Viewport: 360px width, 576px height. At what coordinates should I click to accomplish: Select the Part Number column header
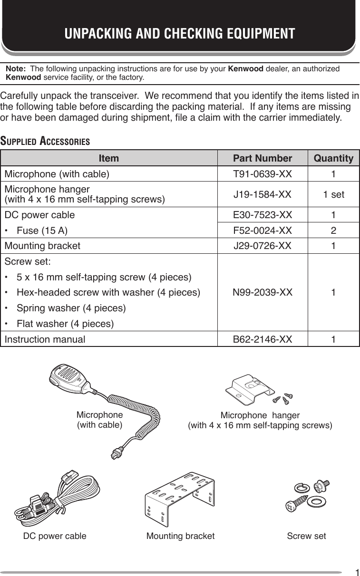262,158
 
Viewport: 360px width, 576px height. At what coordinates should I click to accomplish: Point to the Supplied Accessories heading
46,142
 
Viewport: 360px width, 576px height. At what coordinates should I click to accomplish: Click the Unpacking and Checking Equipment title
180,34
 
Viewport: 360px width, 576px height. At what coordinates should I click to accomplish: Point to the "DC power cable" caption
55,536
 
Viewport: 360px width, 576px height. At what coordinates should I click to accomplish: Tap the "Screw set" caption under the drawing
306,536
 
